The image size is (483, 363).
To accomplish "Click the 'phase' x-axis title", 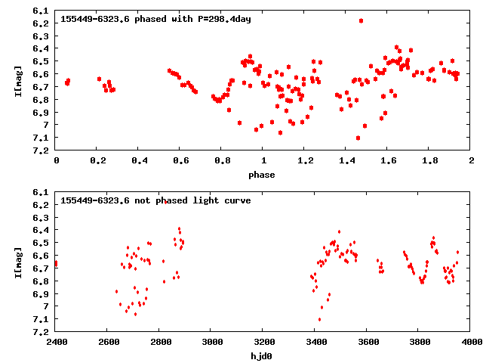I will [263, 175].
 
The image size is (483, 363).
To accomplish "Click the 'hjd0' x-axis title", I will [263, 355].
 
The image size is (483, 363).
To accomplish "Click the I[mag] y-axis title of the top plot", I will [17, 80].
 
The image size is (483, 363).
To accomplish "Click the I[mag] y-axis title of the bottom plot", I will [17, 262].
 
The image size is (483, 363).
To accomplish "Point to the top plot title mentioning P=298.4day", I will [155, 19].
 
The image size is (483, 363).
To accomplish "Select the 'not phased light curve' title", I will [155, 200].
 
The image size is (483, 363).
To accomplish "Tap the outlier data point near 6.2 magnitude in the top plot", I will [361, 21].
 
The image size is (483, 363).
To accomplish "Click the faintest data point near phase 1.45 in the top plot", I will [358, 138].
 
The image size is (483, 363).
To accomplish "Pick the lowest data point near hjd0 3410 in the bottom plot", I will [320, 319].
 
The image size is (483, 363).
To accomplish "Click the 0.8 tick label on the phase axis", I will [222, 162].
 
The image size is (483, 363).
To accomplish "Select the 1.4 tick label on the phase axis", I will [346, 162].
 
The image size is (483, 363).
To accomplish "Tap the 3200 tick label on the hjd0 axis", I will [263, 343].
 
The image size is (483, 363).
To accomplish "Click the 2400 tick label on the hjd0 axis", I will [56, 343].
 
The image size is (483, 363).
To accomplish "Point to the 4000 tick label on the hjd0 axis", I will [471, 343].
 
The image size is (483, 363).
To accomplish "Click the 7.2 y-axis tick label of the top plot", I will [42, 150].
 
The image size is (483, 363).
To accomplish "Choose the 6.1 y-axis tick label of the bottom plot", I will [42, 192].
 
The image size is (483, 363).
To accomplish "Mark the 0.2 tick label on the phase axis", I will [97, 162].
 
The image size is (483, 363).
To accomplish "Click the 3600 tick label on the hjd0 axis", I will [368, 343].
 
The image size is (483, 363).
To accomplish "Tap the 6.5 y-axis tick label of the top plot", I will [42, 61].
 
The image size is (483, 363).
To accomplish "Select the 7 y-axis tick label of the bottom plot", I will [47, 306].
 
